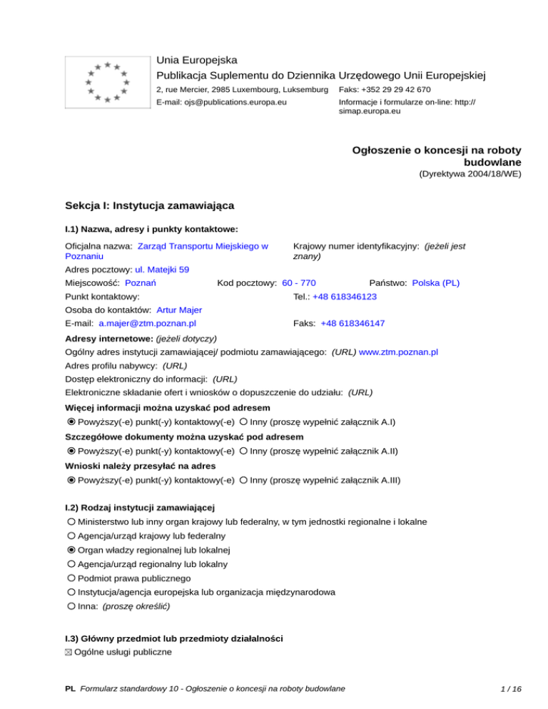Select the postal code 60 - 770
(299, 283)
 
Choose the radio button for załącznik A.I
(244, 422)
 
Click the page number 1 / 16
(512, 689)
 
